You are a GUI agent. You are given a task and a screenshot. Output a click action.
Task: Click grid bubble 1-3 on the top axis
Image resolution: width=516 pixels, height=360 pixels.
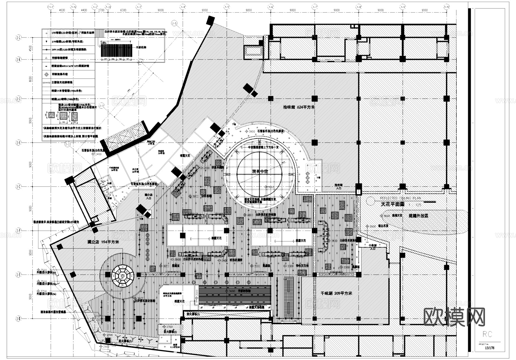coord(139,7)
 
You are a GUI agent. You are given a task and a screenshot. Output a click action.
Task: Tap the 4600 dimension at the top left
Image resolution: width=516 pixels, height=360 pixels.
coord(62,10)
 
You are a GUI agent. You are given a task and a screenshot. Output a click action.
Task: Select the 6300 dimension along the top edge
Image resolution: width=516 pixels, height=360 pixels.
coord(123,10)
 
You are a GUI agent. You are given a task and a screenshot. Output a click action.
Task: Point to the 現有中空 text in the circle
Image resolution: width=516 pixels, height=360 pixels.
coord(260,171)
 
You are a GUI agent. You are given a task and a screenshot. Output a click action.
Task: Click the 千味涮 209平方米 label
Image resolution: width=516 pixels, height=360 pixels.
coord(336,293)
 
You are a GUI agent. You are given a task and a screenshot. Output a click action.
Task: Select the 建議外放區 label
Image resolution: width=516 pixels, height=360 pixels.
coord(418,216)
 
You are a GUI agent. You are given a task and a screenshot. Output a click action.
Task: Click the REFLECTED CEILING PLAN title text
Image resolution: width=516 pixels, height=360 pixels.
coord(400,198)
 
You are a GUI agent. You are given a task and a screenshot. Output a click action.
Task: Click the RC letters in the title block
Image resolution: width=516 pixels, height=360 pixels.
coord(487,334)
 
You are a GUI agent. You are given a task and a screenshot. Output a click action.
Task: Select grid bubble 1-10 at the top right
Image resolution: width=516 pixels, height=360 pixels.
coord(446,7)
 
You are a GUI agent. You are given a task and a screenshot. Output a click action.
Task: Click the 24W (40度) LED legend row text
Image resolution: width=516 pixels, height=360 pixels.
coord(69,50)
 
